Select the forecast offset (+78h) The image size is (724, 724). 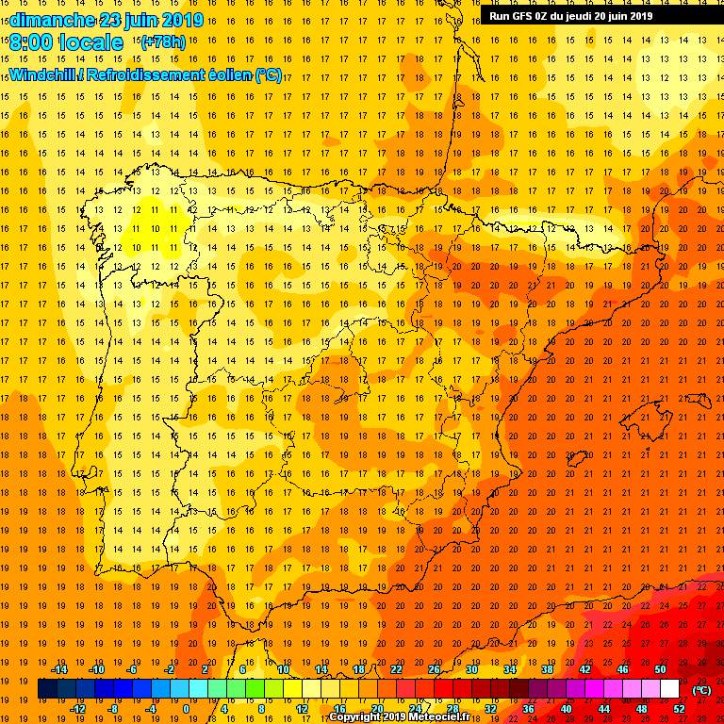click(x=163, y=41)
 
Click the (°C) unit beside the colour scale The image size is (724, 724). click(x=701, y=690)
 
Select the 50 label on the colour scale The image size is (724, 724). click(x=660, y=669)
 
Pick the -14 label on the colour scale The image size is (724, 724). click(x=58, y=669)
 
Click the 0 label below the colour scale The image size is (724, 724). click(x=186, y=709)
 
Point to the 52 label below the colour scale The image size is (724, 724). click(x=679, y=709)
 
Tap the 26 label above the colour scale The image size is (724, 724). click(x=434, y=669)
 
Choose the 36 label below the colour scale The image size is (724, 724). click(x=528, y=709)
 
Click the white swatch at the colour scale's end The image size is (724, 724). click(x=669, y=689)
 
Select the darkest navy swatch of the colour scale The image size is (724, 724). click(x=47, y=689)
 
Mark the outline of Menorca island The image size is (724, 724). click(x=699, y=399)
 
